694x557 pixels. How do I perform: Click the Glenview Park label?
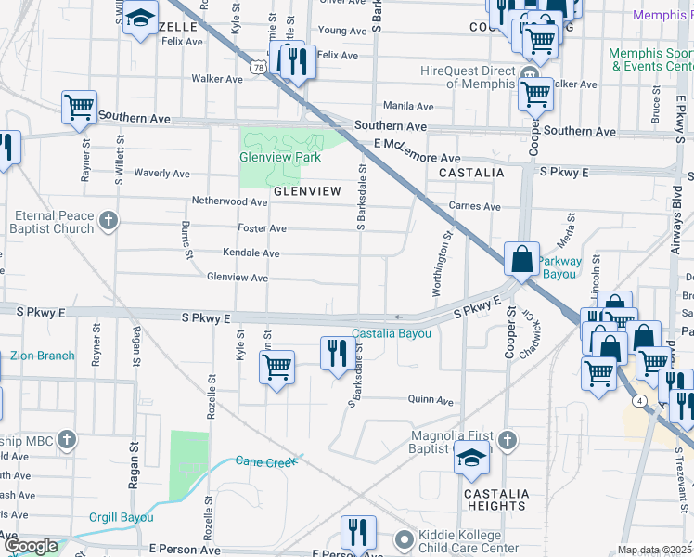coord(280,157)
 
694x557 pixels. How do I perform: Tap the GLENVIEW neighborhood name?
coord(307,190)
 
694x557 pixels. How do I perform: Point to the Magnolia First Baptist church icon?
coord(507,438)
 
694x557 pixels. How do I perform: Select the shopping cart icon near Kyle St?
coord(276,368)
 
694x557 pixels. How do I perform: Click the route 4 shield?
coord(640,401)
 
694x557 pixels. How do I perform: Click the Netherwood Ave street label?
coord(229,201)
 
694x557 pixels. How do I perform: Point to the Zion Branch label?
coord(43,356)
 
